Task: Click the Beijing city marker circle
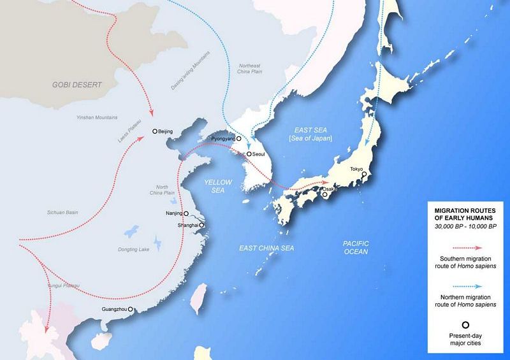click(x=155, y=131)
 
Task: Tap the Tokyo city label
click(x=356, y=169)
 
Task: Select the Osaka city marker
click(x=325, y=196)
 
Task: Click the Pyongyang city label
click(x=219, y=138)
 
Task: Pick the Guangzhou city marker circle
click(x=131, y=310)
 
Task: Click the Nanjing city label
click(x=173, y=213)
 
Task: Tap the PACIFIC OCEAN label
click(x=356, y=248)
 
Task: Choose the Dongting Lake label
click(x=133, y=248)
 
